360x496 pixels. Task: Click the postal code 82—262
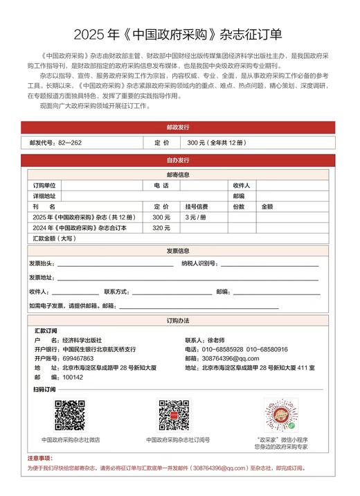click(70, 142)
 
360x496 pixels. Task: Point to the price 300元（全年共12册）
click(216, 142)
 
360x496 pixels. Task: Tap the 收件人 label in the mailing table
click(242, 186)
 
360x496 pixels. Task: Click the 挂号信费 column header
click(197, 206)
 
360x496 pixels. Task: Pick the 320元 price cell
click(161, 227)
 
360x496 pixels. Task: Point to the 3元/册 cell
click(195, 217)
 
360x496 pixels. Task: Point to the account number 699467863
click(78, 359)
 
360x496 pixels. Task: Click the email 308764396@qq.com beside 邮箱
click(231, 359)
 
